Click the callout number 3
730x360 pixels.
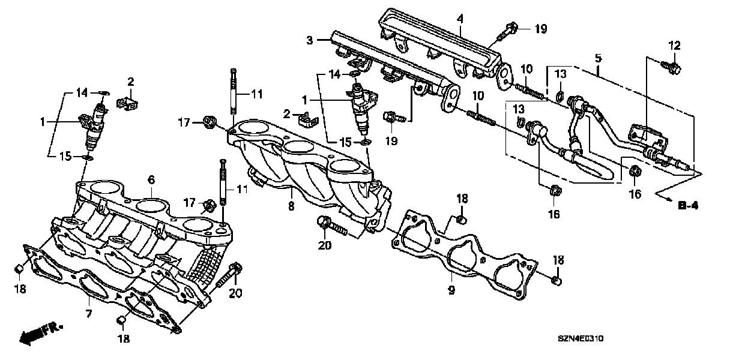pyautogui.click(x=309, y=41)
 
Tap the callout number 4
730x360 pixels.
pyautogui.click(x=460, y=19)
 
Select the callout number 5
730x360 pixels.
pyautogui.click(x=598, y=59)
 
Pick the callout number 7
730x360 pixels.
pyautogui.click(x=88, y=314)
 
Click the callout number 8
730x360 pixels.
pyautogui.click(x=291, y=206)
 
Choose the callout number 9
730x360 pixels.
pyautogui.click(x=451, y=290)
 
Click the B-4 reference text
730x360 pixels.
pyautogui.click(x=688, y=206)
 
